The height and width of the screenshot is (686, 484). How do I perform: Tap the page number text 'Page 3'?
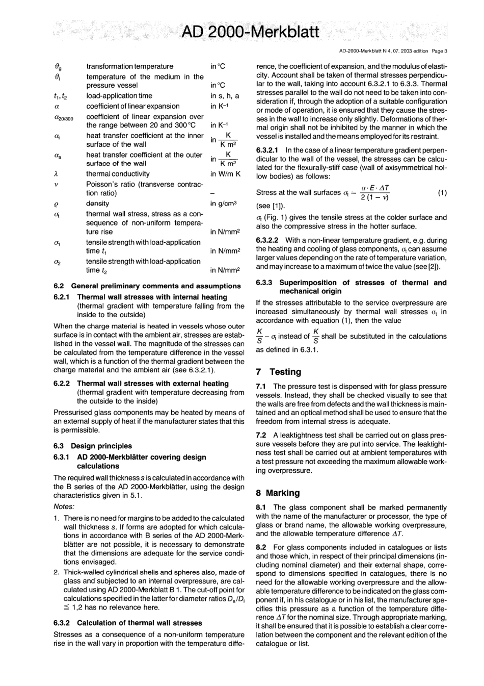tap(439, 51)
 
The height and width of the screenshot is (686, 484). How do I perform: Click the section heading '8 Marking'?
tap(278, 493)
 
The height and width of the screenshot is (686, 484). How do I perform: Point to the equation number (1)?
tap(442, 193)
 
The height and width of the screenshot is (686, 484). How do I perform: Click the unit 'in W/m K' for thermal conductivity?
tap(225, 174)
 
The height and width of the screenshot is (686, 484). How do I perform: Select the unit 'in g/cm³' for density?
tap(224, 204)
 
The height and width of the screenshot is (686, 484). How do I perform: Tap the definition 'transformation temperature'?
tap(129, 66)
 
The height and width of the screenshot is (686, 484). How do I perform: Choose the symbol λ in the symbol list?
tap(56, 174)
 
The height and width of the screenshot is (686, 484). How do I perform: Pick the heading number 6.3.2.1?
tap(268, 150)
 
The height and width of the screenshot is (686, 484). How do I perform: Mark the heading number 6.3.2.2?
tap(268, 240)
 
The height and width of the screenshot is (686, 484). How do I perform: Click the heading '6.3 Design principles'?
tap(92, 446)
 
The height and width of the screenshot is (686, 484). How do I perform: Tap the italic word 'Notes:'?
tap(64, 506)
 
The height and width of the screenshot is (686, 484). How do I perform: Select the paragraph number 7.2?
tap(261, 435)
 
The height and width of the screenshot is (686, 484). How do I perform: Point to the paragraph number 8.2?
tap(261, 547)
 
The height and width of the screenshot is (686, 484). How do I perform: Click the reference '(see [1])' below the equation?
tap(271, 206)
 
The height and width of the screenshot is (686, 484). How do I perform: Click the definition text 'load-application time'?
tap(119, 96)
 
